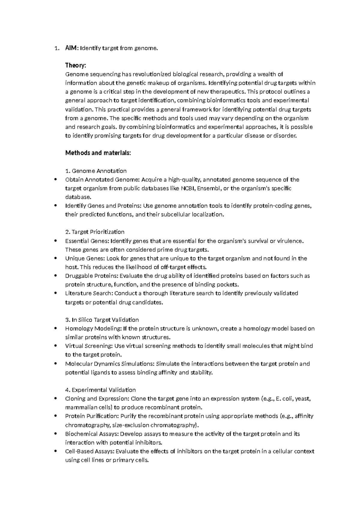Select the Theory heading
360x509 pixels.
75,65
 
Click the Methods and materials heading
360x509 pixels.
98,153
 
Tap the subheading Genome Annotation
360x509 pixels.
96,171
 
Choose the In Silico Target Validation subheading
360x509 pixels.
102,320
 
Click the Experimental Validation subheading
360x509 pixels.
100,390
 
